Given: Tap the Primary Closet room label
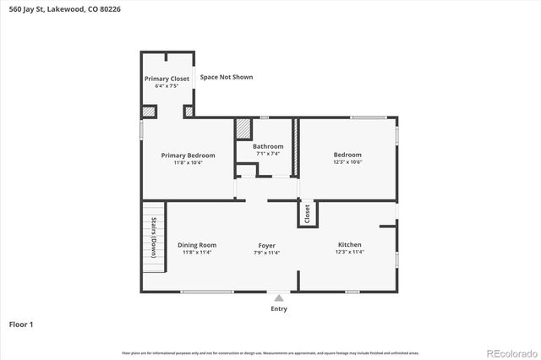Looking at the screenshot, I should [x=167, y=79].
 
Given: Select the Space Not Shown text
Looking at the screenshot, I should [x=226, y=77].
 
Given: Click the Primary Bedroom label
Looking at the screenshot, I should [x=188, y=155].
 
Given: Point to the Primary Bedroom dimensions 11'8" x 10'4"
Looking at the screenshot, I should [x=188, y=163].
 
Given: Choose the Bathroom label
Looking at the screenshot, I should [x=268, y=146].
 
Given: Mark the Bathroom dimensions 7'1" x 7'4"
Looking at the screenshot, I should [x=268, y=154].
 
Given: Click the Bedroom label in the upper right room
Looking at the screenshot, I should [x=347, y=155].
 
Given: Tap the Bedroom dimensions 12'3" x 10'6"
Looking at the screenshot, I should [x=347, y=162].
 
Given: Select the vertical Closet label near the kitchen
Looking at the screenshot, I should [x=308, y=213].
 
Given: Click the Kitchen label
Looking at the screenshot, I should [x=349, y=245].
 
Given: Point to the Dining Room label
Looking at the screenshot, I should [x=197, y=245].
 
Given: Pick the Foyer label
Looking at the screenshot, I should [x=267, y=245].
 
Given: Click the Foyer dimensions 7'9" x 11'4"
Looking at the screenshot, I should [x=267, y=253].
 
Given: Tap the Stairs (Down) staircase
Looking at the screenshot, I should [x=153, y=237].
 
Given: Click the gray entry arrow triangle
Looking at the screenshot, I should [x=278, y=297].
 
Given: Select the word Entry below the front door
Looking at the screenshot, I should [x=278, y=308].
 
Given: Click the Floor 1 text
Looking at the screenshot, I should [x=20, y=324].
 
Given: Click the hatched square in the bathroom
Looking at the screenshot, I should [x=243, y=128].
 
